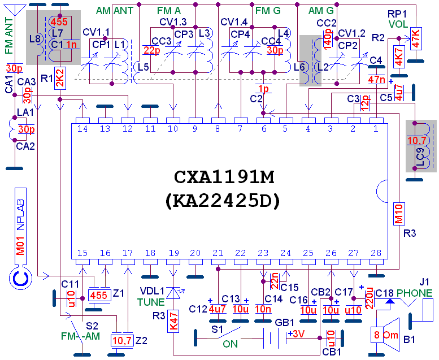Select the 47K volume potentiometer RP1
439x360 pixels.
click(x=416, y=38)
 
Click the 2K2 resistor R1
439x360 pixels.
click(x=60, y=81)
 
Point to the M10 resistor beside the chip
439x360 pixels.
click(x=397, y=214)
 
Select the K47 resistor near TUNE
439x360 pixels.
click(x=173, y=324)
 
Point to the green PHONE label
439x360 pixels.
click(x=414, y=293)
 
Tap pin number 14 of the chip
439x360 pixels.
click(x=82, y=129)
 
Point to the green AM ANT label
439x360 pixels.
click(x=115, y=11)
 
